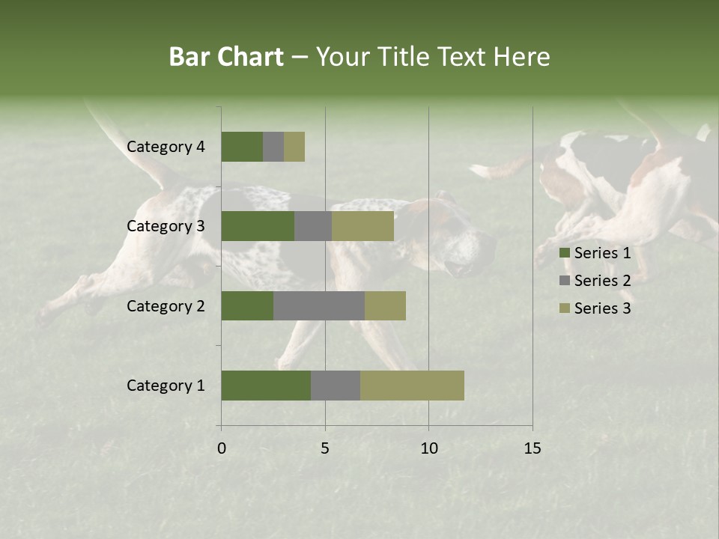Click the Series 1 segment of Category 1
coord(266,386)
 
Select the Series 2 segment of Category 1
coord(336,386)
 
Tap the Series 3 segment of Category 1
coord(412,386)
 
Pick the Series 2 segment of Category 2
coord(319,305)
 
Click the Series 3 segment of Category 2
coord(385,305)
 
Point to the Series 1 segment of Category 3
coord(258,226)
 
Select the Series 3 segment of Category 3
coord(362,226)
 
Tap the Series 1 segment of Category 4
coord(242,147)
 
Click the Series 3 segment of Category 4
coord(294,147)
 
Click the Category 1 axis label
coord(166,386)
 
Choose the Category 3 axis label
coord(166,226)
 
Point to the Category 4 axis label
coord(166,147)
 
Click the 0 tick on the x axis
coord(222,448)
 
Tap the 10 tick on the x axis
coord(428,448)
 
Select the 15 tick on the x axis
coord(533,448)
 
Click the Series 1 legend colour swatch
coord(564,254)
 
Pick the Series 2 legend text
coord(602,281)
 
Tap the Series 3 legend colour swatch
coord(564,308)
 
